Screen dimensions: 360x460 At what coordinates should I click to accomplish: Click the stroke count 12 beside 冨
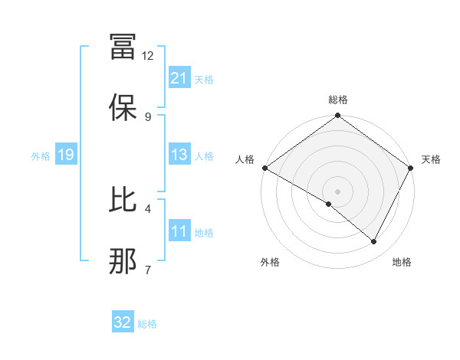pos(148,56)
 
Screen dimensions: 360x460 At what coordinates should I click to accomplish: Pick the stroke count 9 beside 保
pos(148,116)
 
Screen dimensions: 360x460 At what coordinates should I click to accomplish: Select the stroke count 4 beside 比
pos(148,208)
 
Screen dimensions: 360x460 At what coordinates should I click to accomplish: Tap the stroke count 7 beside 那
pos(148,268)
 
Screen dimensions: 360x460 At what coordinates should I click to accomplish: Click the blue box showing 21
pos(179,77)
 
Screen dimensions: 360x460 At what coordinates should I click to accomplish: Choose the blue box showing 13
pos(179,155)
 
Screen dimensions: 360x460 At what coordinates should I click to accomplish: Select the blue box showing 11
pos(179,231)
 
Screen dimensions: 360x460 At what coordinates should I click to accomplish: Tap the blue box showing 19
pos(65,155)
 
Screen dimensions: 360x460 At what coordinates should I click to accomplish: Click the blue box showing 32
pos(123,322)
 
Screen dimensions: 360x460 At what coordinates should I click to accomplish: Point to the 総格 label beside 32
pos(147,324)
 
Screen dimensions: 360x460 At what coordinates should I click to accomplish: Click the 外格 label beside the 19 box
pos(41,155)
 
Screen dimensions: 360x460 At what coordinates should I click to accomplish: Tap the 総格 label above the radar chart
pos(338,100)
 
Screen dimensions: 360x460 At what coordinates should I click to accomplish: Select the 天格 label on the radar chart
pos(431,159)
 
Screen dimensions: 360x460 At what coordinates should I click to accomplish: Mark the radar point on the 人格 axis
pos(264,168)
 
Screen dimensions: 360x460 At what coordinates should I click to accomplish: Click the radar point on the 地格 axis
pos(374,241)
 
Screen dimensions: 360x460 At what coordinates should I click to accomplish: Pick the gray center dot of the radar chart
pos(338,191)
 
